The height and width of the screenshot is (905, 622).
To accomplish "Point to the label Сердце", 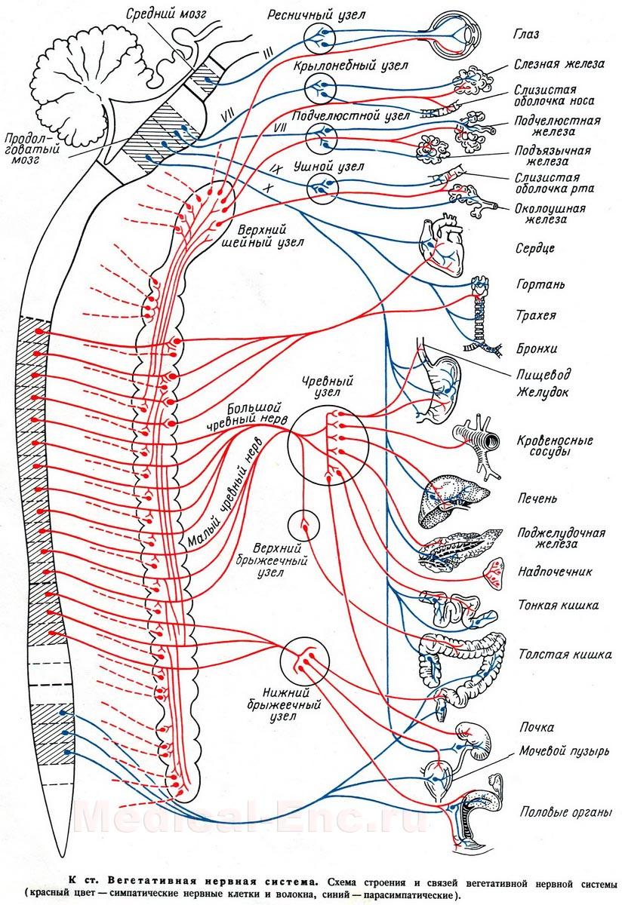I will [x=537, y=248].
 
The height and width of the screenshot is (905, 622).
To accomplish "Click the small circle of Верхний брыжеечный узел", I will [x=304, y=523].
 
